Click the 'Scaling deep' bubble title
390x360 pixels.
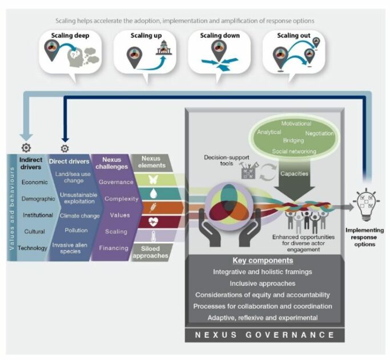pos(70,35)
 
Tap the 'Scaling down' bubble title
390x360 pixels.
pos(219,35)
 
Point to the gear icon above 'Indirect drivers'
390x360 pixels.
pos(26,148)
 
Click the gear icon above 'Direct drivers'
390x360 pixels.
pos(65,148)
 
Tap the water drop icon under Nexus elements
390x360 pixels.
pos(152,194)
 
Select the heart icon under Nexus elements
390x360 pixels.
pos(152,222)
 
